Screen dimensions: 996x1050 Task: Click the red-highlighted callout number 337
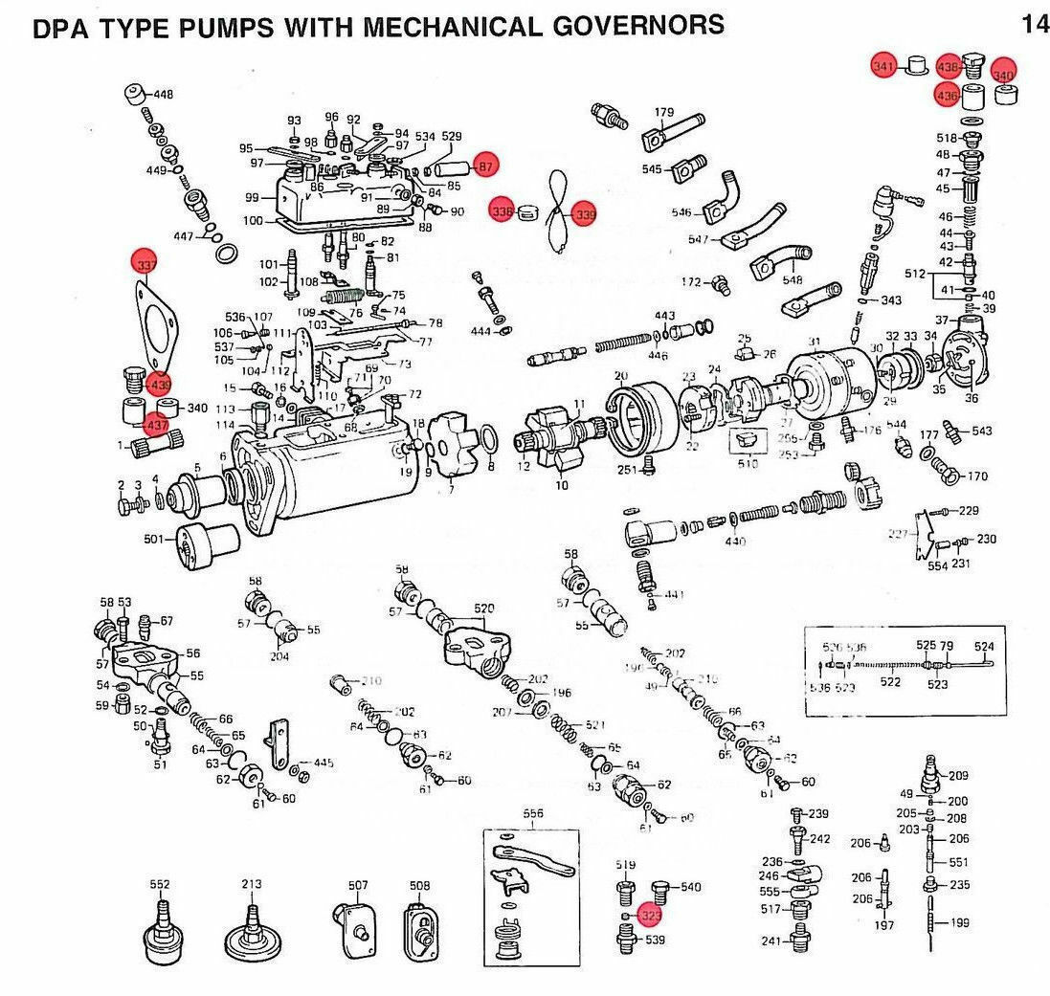pos(146,260)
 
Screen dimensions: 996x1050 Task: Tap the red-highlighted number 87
pos(485,166)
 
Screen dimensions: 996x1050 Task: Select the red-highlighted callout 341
pos(883,66)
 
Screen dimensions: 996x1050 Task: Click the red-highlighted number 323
pos(652,915)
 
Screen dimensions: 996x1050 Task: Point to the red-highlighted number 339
pos(584,215)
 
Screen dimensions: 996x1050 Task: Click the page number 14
pos(1035,24)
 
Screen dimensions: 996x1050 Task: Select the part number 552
pos(160,885)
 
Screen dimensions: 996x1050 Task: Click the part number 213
pos(251,885)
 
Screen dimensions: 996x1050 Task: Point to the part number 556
pos(533,814)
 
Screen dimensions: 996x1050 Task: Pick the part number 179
pos(664,113)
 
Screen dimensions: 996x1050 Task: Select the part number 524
pos(984,646)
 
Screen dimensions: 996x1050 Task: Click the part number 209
pos(958,775)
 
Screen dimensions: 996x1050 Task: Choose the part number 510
pos(748,464)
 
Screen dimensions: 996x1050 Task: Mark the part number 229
pos(969,512)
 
